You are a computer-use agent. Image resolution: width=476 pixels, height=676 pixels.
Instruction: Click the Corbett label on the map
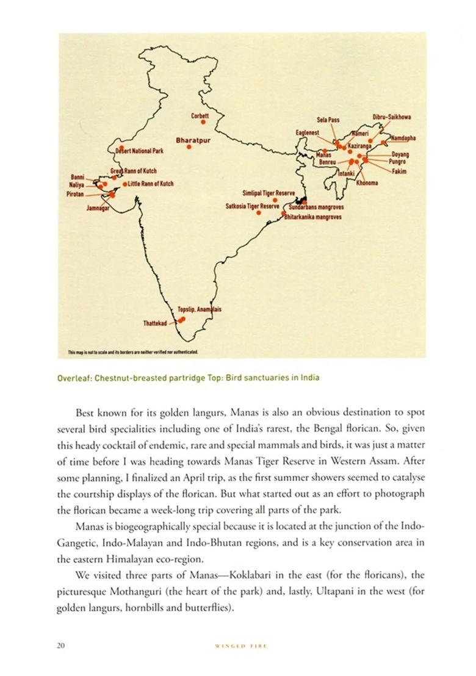click(200, 115)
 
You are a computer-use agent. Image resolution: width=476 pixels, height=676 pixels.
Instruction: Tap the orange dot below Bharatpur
click(189, 147)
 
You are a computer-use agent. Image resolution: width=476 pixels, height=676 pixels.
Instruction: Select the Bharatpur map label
click(193, 140)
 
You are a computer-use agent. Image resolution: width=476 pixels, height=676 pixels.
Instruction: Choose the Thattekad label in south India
click(155, 323)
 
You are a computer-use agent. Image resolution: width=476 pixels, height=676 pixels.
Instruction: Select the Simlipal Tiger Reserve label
click(269, 192)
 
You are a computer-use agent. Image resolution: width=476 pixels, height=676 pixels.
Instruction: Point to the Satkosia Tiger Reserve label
click(252, 206)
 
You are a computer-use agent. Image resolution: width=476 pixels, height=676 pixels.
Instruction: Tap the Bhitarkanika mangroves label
click(313, 217)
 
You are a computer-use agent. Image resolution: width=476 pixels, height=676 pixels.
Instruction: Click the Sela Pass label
click(328, 120)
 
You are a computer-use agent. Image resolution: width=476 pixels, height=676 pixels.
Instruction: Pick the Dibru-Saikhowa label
click(392, 117)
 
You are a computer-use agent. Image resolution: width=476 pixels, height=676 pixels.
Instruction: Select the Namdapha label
click(403, 137)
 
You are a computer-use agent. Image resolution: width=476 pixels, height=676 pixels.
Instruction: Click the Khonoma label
click(367, 183)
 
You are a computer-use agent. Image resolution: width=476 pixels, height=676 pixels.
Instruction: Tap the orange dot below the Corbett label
click(203, 122)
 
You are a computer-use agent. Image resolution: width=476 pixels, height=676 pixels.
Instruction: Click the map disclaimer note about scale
click(132, 352)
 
